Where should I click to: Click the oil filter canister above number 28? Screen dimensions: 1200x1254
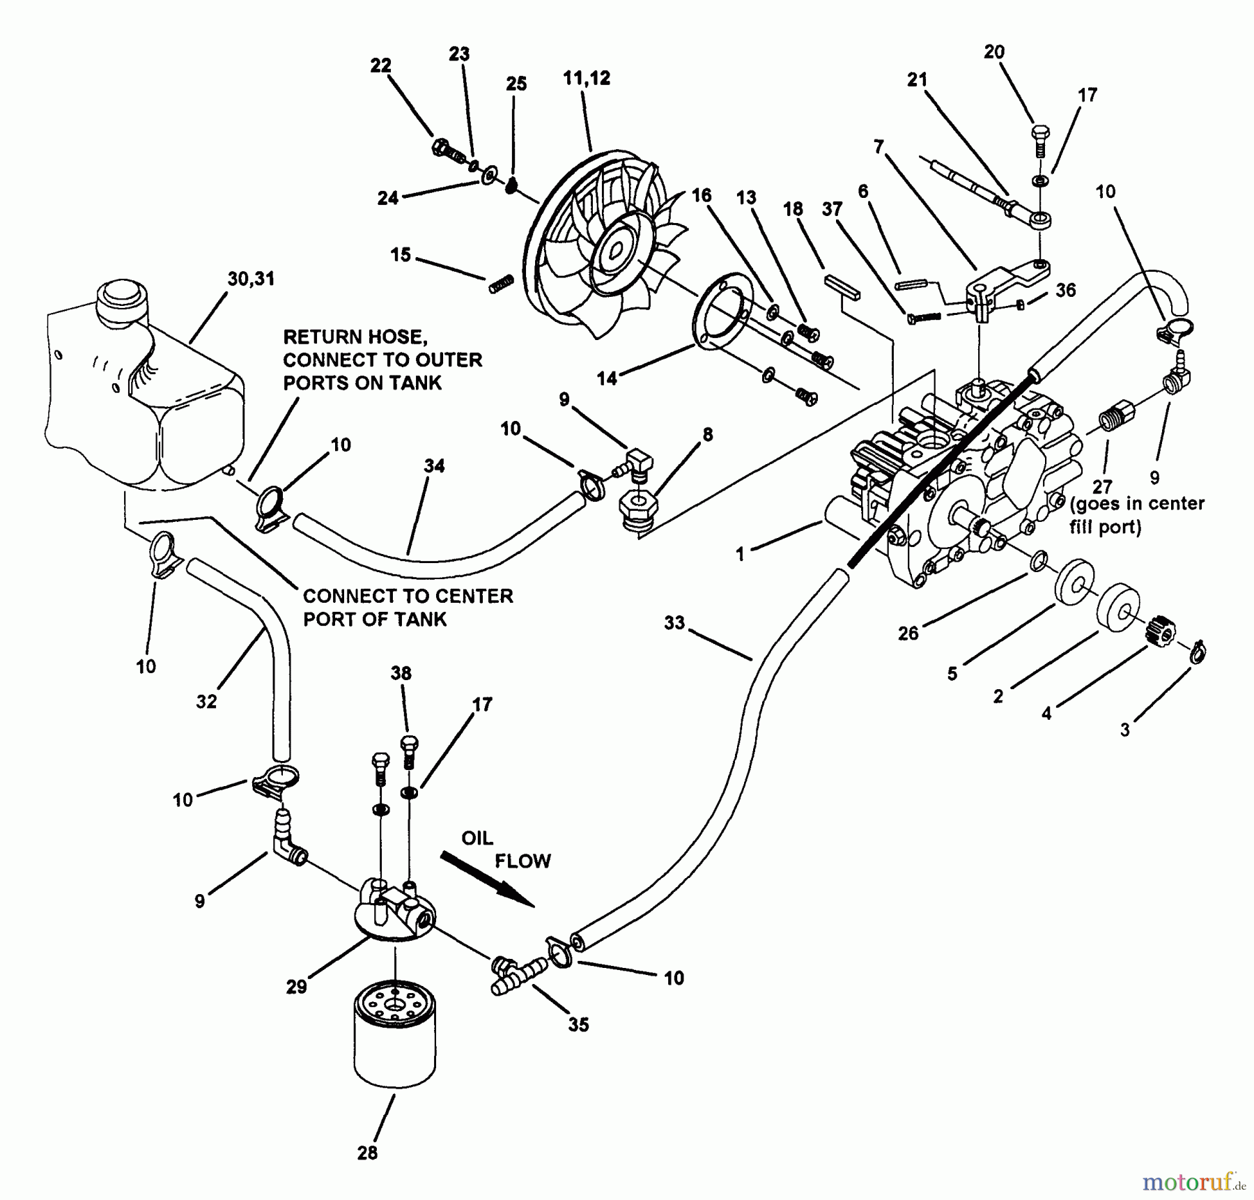(394, 1043)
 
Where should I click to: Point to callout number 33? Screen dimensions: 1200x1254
(674, 622)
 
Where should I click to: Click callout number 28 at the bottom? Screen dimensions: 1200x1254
(367, 1153)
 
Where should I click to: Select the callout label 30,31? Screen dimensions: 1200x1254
(251, 279)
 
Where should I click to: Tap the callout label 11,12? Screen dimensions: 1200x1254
(587, 78)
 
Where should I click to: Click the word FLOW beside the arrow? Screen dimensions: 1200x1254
(522, 861)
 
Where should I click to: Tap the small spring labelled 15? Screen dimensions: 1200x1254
(500, 283)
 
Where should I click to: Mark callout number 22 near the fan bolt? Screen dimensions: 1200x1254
(381, 66)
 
